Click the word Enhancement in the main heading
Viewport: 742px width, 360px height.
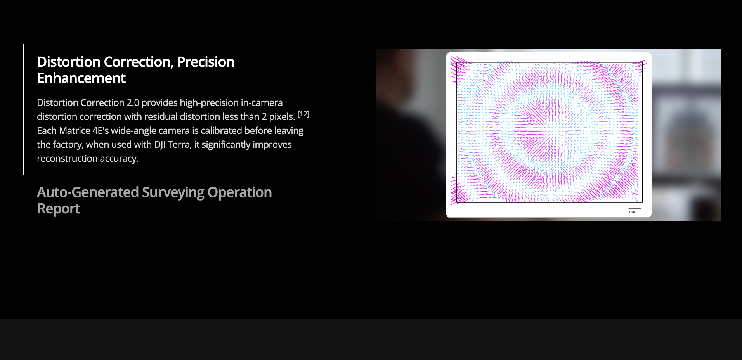tap(81, 78)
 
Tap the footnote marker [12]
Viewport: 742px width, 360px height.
tap(303, 114)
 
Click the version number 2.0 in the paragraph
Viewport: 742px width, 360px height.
tap(133, 103)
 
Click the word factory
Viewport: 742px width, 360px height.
tap(68, 145)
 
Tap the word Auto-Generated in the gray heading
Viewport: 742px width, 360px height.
tap(88, 192)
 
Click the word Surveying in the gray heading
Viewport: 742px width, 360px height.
tap(173, 193)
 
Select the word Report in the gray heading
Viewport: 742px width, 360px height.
tap(59, 209)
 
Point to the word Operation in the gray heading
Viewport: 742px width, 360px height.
tap(239, 193)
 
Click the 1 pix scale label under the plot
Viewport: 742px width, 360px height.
tap(632, 212)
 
